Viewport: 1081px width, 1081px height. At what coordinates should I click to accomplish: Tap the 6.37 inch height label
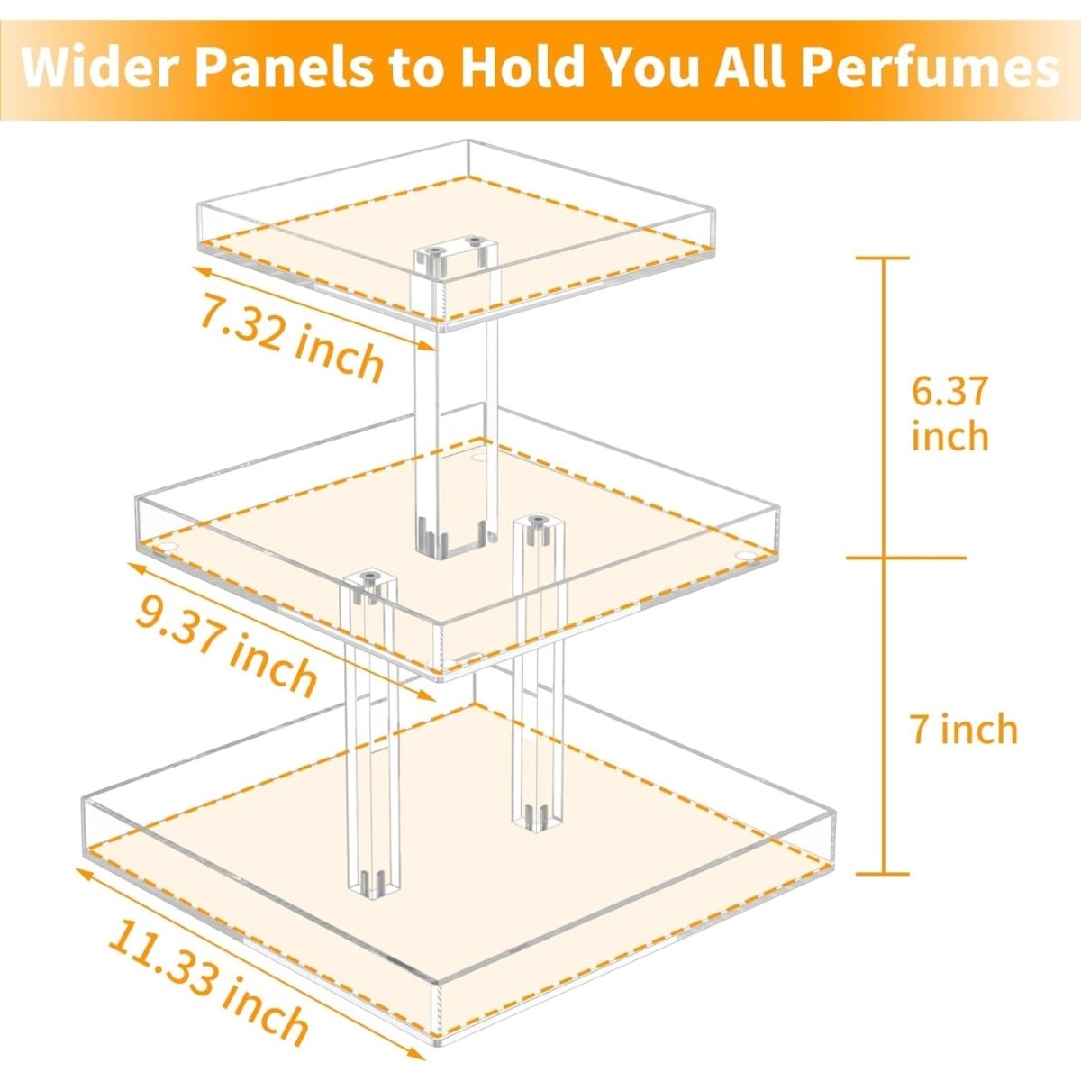point(949,413)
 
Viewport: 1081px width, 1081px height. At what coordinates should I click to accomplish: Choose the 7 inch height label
point(963,729)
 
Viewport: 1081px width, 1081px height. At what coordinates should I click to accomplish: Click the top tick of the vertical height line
point(882,259)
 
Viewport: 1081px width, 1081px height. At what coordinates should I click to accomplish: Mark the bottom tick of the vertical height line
point(882,873)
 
